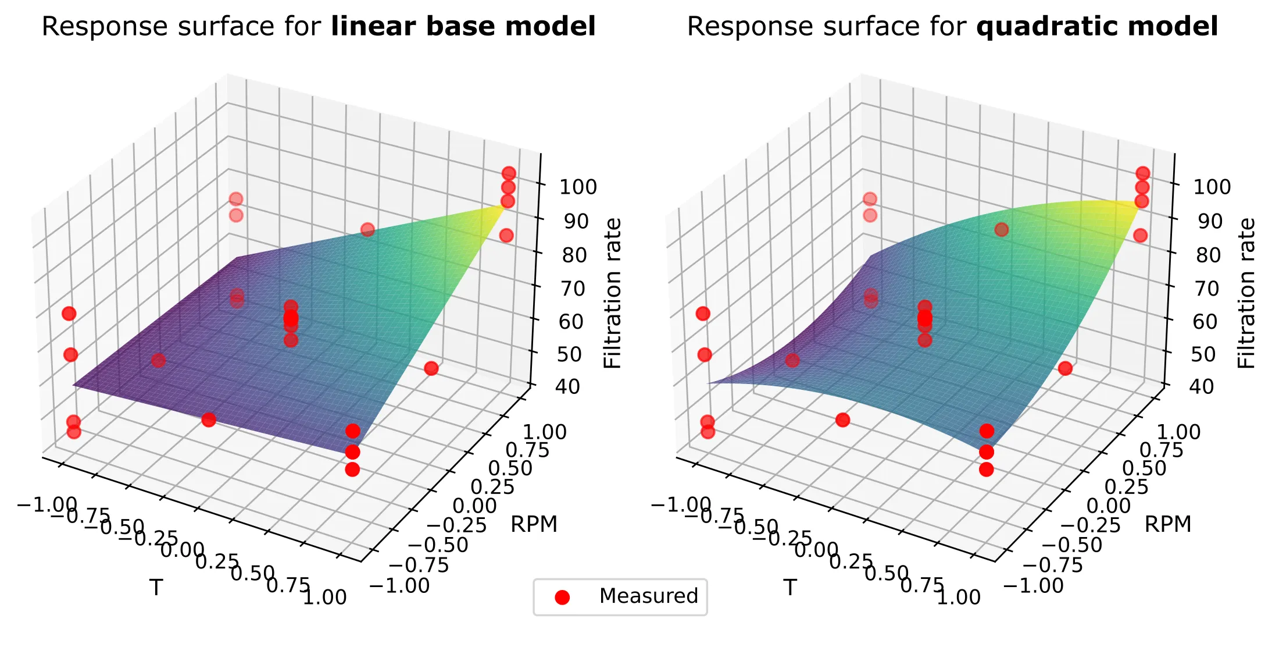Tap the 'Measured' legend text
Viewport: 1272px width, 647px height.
(x=648, y=596)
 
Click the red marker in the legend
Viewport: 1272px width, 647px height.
(x=562, y=597)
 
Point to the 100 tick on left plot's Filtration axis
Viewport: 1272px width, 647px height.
(x=578, y=187)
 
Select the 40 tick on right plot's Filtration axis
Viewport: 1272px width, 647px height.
(x=1202, y=387)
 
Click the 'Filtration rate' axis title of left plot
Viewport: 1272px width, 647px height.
(x=613, y=293)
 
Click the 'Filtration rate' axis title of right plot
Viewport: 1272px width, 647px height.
(x=1246, y=293)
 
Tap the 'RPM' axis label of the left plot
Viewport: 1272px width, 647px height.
(x=534, y=524)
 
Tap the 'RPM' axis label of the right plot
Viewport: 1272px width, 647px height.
(x=1167, y=524)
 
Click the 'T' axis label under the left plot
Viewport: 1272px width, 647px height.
(x=156, y=588)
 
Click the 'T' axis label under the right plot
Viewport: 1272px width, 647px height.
(x=789, y=588)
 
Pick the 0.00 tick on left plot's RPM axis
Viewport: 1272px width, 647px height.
(x=474, y=506)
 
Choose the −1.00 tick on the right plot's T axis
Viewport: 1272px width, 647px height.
(x=681, y=504)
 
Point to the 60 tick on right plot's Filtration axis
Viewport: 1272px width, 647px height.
(x=1205, y=321)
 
